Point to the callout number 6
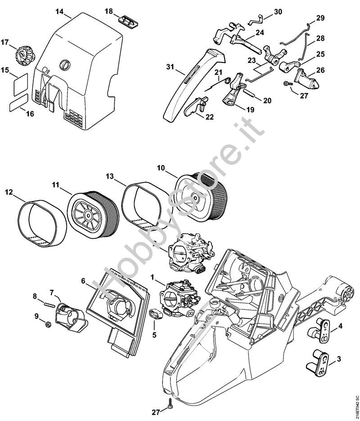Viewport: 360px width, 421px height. tap(84, 281)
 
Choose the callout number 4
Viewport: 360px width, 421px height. tap(341, 326)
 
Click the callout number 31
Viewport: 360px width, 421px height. tap(169, 67)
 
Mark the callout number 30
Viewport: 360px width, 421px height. tap(278, 11)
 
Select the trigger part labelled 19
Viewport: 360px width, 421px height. tap(232, 95)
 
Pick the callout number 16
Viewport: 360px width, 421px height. tap(30, 114)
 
